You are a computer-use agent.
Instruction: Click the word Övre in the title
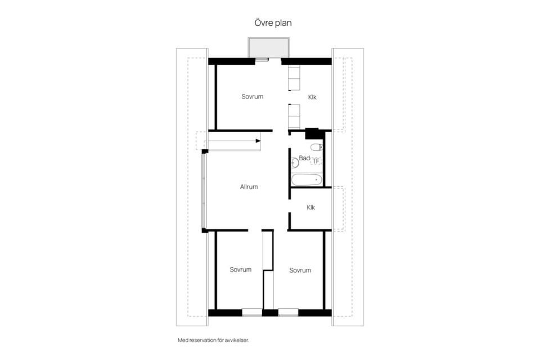click(x=263, y=22)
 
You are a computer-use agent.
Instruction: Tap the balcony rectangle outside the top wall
click(x=269, y=48)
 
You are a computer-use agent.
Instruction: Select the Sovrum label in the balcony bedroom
click(x=252, y=97)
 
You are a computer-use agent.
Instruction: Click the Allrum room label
click(x=249, y=187)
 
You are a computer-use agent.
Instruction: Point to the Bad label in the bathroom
click(x=304, y=158)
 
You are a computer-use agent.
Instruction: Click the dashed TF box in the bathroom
click(x=316, y=161)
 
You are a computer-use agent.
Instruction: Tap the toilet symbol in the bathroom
click(x=316, y=147)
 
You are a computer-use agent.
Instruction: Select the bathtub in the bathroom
click(x=307, y=180)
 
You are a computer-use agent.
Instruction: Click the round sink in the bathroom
click(x=295, y=163)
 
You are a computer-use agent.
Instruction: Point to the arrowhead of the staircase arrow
click(x=258, y=141)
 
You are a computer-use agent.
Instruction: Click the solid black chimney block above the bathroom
click(x=312, y=133)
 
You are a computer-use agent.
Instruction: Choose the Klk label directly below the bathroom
click(x=310, y=208)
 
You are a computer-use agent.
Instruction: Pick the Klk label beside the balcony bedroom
click(x=312, y=97)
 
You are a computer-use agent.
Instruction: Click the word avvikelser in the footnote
click(x=237, y=340)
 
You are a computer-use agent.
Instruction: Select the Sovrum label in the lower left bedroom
click(x=240, y=270)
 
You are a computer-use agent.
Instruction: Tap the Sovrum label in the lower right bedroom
click(x=300, y=271)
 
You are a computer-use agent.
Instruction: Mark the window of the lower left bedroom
click(x=252, y=312)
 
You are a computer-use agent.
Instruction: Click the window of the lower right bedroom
click(x=288, y=312)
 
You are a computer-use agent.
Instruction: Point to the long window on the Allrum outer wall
click(x=204, y=191)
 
